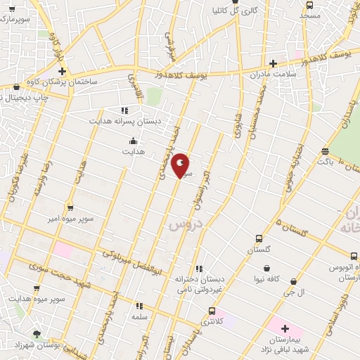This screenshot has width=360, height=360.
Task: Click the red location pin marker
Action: tap(181, 165)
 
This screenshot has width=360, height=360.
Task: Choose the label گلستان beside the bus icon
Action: tap(259, 250)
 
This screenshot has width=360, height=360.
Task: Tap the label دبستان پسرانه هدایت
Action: tap(124, 121)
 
